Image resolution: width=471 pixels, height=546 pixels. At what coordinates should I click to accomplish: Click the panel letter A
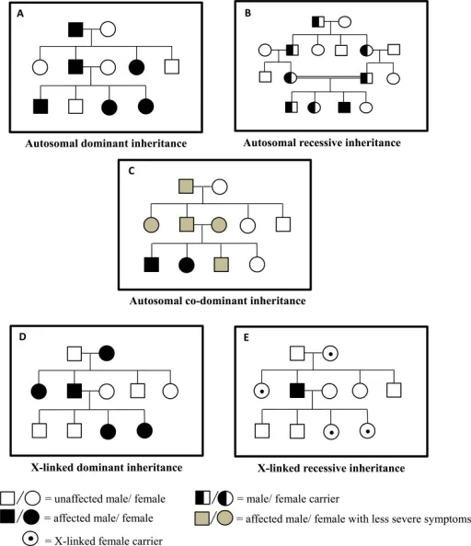point(15,13)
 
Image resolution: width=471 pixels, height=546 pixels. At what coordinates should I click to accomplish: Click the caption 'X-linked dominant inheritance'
point(94,468)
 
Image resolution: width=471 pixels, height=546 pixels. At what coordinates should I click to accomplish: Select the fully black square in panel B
point(343,108)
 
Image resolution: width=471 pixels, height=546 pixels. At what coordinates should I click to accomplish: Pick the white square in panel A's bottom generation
point(76,107)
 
